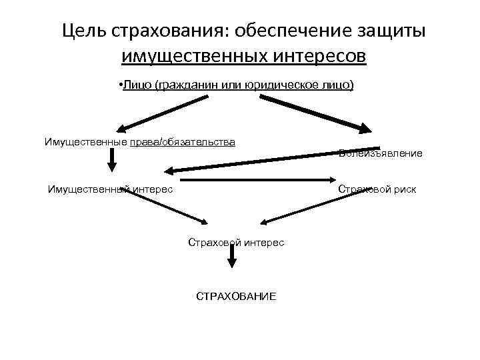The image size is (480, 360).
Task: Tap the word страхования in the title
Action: (164, 31)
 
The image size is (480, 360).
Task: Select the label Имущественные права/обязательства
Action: (139, 141)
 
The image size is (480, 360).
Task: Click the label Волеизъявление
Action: (380, 154)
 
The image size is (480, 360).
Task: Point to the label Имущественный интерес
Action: (110, 189)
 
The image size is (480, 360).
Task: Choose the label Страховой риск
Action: (377, 189)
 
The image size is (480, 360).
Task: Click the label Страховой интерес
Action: (235, 243)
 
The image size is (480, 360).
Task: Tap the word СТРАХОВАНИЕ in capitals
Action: (235, 295)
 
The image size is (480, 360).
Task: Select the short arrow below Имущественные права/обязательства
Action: (111, 160)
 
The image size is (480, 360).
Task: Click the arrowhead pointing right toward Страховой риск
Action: (333, 179)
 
